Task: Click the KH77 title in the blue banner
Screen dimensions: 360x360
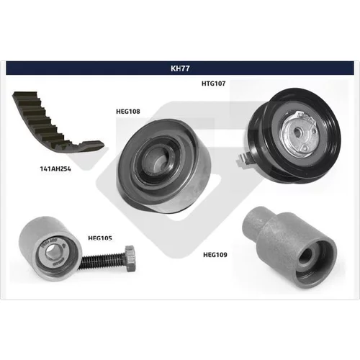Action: point(180,68)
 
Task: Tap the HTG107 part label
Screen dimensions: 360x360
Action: point(214,84)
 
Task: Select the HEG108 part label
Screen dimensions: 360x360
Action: point(128,112)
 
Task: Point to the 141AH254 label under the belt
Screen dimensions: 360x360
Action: point(55,169)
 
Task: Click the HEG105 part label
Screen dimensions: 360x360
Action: point(100,238)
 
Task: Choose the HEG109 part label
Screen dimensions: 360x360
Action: point(215,255)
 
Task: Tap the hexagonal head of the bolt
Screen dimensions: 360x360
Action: point(130,258)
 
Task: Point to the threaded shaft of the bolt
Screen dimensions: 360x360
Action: point(103,261)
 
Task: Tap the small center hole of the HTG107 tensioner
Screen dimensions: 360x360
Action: point(297,131)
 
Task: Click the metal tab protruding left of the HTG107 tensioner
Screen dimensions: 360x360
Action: point(243,160)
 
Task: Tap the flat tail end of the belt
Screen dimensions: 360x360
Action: point(92,145)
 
